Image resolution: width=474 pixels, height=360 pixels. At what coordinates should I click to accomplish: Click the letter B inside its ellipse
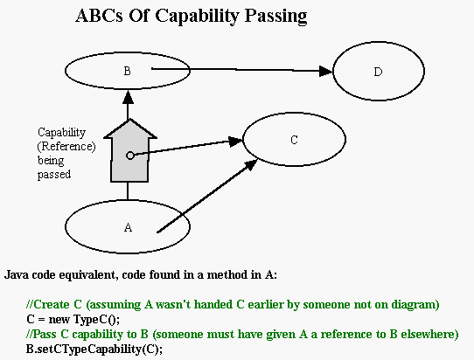[x=128, y=71]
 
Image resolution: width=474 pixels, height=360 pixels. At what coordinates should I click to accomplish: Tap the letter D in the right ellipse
[x=378, y=72]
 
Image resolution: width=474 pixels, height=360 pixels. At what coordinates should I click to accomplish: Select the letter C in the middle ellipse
[x=294, y=140]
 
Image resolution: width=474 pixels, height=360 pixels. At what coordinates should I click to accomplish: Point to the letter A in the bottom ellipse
[x=128, y=227]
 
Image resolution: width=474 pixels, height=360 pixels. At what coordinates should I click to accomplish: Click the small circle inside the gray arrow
[x=130, y=156]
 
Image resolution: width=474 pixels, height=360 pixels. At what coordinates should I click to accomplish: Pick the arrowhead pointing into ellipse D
[x=326, y=72]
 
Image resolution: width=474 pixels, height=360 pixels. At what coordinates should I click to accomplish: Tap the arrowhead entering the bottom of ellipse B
[x=129, y=97]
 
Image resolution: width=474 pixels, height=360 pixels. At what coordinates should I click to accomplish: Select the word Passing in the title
[x=275, y=16]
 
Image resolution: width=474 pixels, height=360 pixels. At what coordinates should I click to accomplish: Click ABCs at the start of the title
[x=99, y=16]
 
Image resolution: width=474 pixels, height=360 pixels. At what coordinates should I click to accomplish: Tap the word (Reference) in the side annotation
[x=66, y=147]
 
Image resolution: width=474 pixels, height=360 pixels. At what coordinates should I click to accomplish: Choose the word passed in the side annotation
[x=54, y=175]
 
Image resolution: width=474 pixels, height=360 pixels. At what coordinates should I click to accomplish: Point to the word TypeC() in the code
[x=96, y=319]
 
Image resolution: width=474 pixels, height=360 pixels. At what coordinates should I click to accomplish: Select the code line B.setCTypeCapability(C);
[x=94, y=350]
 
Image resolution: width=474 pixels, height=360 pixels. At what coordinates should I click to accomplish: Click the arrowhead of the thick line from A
[x=251, y=165]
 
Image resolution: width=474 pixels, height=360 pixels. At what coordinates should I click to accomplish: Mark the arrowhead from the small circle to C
[x=236, y=142]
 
